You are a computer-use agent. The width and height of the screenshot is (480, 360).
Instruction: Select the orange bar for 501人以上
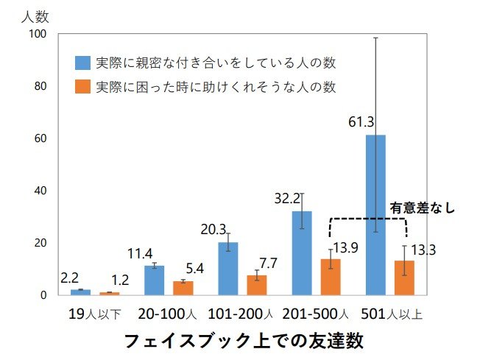404,278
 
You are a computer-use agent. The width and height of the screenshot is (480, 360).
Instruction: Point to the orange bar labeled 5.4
183,288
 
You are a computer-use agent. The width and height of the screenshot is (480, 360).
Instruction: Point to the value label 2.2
69,279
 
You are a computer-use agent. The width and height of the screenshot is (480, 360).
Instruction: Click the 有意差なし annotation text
422,208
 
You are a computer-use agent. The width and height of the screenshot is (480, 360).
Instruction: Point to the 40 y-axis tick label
40,191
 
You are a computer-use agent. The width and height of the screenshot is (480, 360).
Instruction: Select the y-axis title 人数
35,14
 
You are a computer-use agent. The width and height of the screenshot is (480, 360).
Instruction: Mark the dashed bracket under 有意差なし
368,219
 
